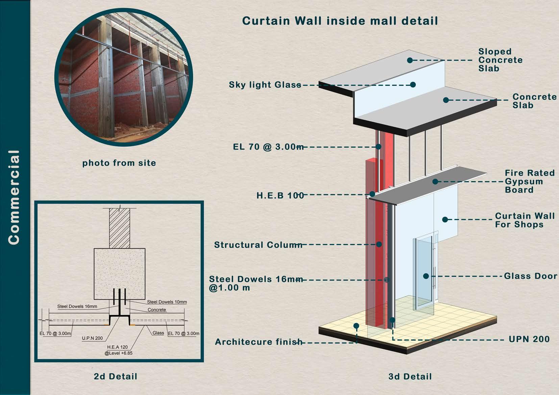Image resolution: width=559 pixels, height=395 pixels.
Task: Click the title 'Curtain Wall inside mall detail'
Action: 340,21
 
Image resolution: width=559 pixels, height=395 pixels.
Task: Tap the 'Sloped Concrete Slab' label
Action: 500,60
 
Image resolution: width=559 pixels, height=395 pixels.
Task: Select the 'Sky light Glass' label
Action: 265,84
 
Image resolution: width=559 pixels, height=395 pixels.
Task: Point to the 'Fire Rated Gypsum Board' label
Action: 530,181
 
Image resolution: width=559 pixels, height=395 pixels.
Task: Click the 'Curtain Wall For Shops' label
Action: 525,220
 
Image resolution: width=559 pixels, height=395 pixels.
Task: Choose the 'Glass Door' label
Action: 530,276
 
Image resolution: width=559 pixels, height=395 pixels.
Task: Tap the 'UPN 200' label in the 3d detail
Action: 529,339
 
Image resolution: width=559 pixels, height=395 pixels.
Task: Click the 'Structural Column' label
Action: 258,245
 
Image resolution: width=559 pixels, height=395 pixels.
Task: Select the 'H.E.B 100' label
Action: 280,195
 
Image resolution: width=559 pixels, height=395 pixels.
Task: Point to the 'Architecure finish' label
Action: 259,342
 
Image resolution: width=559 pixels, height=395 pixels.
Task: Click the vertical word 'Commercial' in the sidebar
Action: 14,197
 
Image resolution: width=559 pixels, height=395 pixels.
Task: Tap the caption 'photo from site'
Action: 119,163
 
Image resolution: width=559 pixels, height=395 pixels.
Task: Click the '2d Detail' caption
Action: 116,376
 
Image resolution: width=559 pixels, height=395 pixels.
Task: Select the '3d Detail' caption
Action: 410,376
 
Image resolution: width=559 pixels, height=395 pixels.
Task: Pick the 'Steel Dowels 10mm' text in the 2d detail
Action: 167,302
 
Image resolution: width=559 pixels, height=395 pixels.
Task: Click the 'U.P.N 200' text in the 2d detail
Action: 92,338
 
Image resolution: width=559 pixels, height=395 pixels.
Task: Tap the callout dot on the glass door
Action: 426,276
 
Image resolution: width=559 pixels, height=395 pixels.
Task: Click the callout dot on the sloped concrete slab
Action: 410,60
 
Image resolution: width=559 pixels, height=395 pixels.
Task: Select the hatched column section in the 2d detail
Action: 119,228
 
